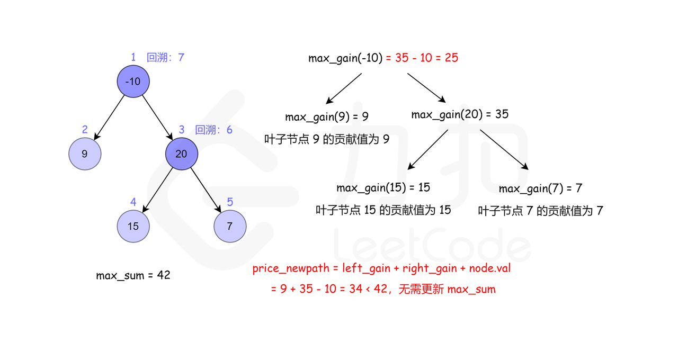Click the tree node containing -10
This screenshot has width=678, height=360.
click(133, 82)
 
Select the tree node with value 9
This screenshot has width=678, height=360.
click(85, 154)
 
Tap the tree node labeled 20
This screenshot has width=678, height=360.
click(181, 154)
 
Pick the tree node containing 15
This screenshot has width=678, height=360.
click(133, 226)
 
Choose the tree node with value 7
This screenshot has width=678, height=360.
click(230, 226)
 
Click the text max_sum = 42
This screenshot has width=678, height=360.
click(133, 275)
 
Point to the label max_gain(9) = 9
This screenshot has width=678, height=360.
click(326, 116)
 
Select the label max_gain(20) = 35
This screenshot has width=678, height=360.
click(459, 114)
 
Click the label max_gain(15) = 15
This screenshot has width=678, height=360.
click(383, 187)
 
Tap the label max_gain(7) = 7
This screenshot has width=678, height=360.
click(540, 188)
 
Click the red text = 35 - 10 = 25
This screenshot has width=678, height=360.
click(422, 58)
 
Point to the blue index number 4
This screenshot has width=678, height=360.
click(133, 202)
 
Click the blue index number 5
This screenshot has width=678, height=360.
click(230, 202)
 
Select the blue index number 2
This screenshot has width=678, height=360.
click(85, 130)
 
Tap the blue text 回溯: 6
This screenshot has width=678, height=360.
click(213, 130)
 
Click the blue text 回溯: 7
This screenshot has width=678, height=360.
click(165, 57)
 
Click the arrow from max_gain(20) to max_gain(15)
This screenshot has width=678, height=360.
click(428, 150)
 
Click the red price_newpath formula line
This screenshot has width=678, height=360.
click(381, 268)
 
